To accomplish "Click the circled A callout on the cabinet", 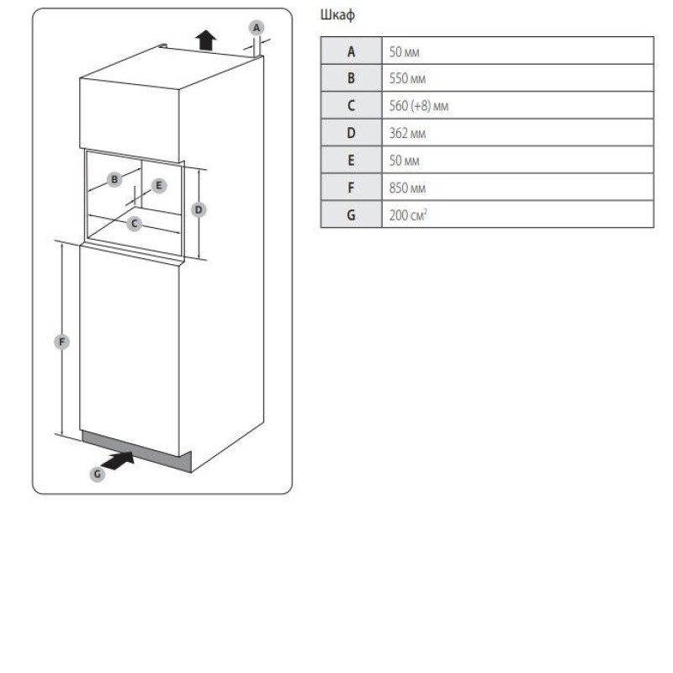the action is tap(257, 28).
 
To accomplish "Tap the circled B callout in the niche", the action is tap(114, 179).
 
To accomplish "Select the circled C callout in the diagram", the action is tap(135, 224).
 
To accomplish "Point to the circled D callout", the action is tap(199, 209).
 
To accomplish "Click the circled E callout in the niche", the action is tap(159, 186).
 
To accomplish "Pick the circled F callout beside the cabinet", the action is tap(61, 342).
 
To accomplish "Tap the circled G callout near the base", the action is tap(98, 474).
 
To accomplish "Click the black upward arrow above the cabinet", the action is tap(206, 40).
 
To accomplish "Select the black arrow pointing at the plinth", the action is tap(119, 460).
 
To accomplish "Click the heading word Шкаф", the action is tap(337, 15).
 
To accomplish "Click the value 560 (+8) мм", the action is tap(418, 106).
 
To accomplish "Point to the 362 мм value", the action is tap(407, 133).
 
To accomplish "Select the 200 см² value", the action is tap(408, 215).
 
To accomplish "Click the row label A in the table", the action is tap(351, 51).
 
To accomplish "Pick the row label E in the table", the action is tap(351, 160).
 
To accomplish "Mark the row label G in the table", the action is tap(351, 215).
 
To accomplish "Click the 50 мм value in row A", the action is tap(404, 51).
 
